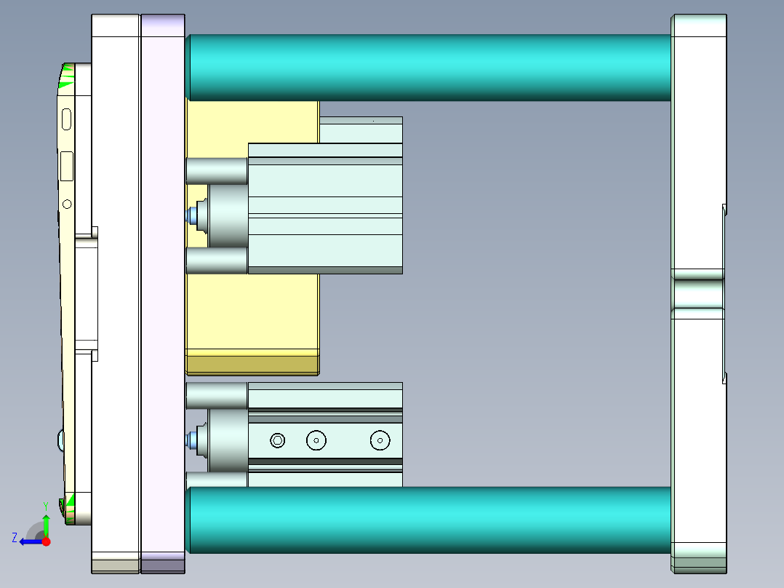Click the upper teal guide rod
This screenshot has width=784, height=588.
(429, 67)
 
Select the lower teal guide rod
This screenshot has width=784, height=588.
(429, 520)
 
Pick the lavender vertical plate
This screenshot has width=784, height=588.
(163, 291)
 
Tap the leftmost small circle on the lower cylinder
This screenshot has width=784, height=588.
(277, 440)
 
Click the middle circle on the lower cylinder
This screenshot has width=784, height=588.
(316, 440)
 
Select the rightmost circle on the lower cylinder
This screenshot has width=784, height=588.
(380, 440)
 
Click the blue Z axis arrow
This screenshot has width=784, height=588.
(29, 541)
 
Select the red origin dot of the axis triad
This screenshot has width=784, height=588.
(46, 541)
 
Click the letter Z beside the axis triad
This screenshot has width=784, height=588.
(15, 538)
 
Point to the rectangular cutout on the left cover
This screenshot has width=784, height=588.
(67, 166)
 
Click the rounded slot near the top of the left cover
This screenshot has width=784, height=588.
(67, 119)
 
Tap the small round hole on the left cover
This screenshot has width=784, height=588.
(68, 204)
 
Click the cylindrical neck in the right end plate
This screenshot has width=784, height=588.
(698, 293)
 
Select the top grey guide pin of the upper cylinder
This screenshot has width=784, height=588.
(217, 171)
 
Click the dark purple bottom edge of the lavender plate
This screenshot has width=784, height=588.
(163, 565)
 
